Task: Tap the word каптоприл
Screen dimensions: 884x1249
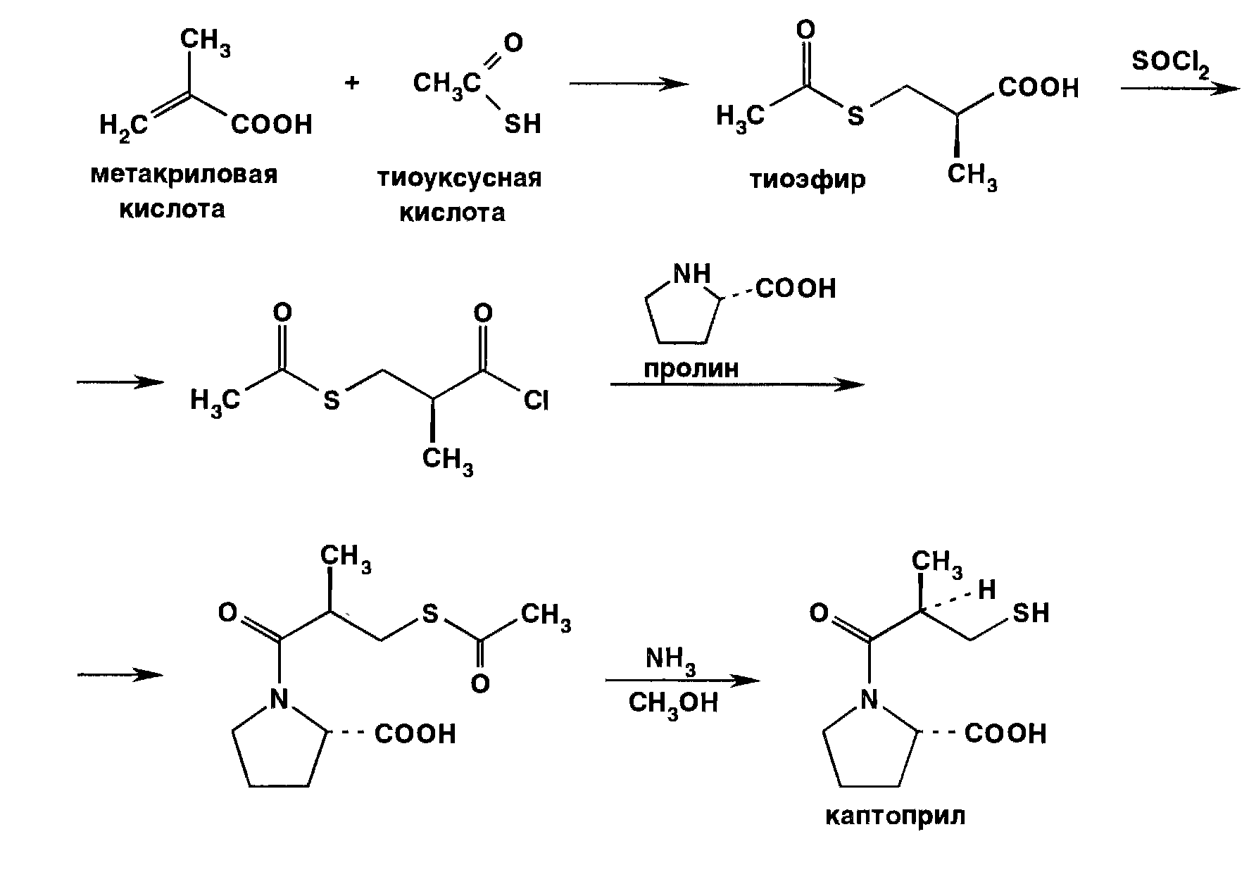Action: (894, 816)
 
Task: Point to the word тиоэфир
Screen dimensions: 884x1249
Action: (807, 180)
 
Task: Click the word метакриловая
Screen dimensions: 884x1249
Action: (184, 175)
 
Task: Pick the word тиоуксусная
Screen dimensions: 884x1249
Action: (460, 177)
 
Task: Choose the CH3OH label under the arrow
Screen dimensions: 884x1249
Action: (673, 702)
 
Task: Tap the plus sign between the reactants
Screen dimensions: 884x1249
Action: (352, 83)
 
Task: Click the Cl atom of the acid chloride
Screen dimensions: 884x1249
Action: (536, 401)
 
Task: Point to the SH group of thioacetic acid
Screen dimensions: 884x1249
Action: (522, 125)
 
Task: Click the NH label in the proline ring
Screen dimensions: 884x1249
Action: (693, 274)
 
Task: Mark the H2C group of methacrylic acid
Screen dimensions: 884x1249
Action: (124, 127)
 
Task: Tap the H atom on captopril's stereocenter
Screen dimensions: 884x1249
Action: (987, 590)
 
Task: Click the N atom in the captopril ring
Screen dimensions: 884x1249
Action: (871, 699)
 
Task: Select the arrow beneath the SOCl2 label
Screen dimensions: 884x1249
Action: (1179, 89)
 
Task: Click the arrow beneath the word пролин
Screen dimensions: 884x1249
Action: (736, 384)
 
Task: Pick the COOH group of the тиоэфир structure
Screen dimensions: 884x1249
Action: (1038, 88)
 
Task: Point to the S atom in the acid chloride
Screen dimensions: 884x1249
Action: (332, 401)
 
